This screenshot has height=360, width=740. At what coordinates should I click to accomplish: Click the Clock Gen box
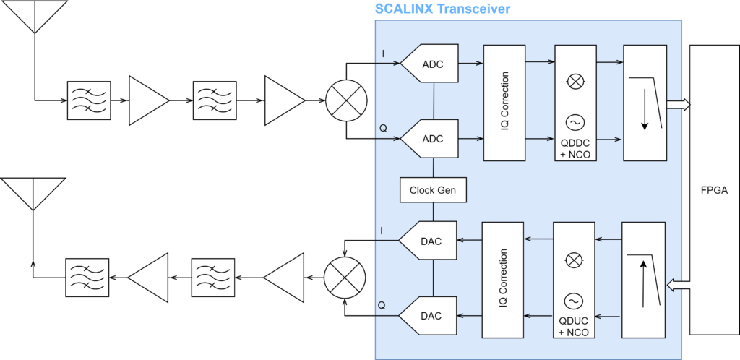pos(432,190)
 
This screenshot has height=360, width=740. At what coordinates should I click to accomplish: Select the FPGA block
pos(709,190)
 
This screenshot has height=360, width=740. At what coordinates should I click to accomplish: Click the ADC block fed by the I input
pos(432,64)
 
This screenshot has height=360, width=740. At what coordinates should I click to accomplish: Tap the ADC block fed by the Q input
pos(432,138)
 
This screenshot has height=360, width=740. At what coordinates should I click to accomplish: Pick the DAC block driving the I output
pos(431,241)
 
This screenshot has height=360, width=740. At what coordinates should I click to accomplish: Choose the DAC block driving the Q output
pos(431,316)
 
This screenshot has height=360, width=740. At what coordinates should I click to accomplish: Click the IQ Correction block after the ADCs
pos(504,102)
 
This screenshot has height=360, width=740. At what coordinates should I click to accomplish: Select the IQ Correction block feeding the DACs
pos(503,280)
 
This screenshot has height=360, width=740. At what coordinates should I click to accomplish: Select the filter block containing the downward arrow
pos(644,102)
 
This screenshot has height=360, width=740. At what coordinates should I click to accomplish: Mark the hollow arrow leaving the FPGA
pos(678,287)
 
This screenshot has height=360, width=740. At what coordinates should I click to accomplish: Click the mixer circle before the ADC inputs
pos(346,100)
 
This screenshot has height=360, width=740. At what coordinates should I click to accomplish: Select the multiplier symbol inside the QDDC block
pos(575,82)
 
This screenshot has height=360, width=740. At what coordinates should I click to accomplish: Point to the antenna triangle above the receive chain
pos(34,13)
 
